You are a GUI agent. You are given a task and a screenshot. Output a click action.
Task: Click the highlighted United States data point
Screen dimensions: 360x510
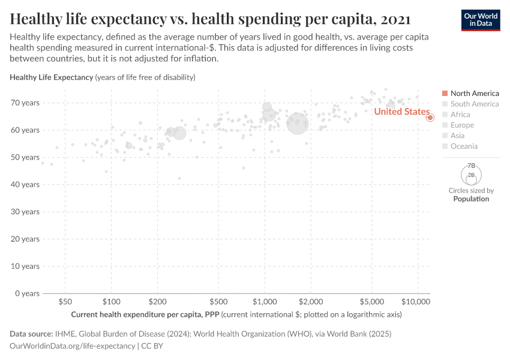[x=430, y=118]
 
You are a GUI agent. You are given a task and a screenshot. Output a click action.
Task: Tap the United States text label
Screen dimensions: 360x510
[x=401, y=112]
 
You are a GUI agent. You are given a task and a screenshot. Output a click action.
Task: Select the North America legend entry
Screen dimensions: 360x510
[x=474, y=94]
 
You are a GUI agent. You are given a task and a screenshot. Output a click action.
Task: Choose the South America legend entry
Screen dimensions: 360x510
[x=474, y=104]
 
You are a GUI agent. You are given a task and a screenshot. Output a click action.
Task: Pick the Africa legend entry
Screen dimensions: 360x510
[x=460, y=115]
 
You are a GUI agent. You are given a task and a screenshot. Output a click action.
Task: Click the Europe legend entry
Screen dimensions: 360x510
[x=462, y=125]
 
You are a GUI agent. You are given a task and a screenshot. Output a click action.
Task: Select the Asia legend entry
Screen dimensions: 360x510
[x=457, y=136]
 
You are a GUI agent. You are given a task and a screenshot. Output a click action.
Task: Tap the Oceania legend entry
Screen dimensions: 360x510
[x=464, y=146]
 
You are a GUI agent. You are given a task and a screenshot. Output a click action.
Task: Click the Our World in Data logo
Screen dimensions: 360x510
[x=480, y=20]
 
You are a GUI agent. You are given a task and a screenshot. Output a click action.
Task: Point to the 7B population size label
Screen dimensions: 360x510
[x=471, y=166]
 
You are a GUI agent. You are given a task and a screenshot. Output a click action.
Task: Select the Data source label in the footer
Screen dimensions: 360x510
[x=31, y=334]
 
